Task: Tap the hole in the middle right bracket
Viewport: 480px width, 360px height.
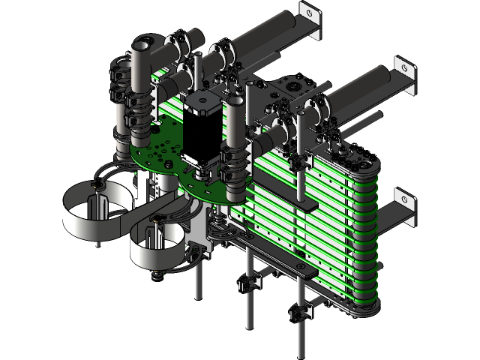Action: (x=406, y=69)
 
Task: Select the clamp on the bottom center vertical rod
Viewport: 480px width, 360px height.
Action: (x=247, y=283)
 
